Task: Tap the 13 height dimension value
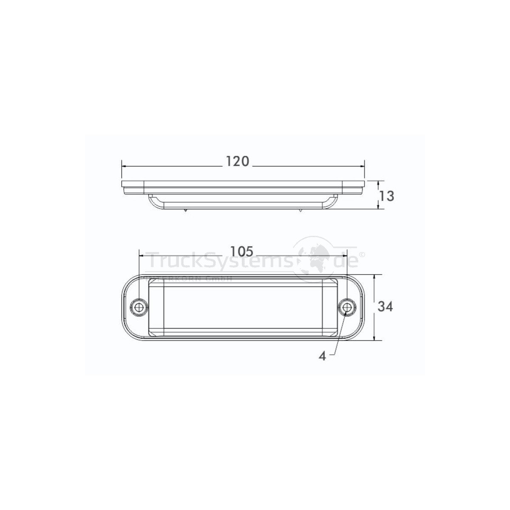387,196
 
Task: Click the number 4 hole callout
323,356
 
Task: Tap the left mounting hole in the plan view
139,306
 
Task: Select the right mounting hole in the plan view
347,306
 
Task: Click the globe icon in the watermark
315,260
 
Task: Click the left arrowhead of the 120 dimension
124,166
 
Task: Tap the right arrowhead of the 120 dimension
363,166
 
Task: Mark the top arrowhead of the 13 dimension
378,182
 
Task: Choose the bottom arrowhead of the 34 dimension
374,338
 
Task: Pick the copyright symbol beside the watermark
362,254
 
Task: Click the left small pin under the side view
186,210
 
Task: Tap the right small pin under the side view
300,210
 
